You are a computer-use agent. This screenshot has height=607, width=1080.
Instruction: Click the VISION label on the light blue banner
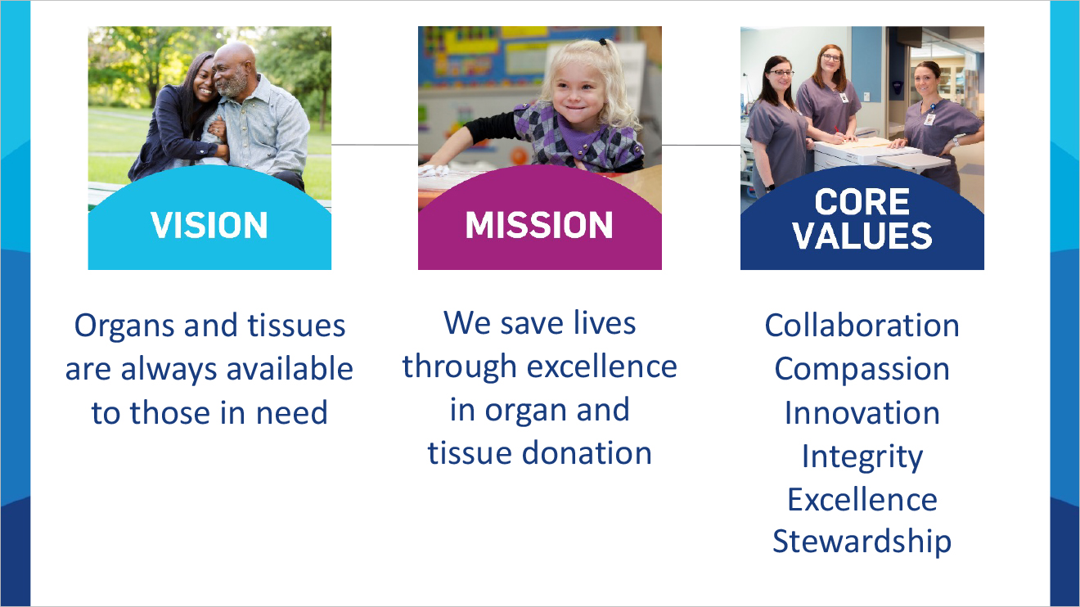pyautogui.click(x=209, y=226)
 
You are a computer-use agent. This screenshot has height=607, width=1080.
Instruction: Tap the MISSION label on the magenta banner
pyautogui.click(x=539, y=226)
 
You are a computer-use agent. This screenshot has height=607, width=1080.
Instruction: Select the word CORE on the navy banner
pyautogui.click(x=862, y=202)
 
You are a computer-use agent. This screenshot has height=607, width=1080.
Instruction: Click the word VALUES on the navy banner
pyautogui.click(x=862, y=236)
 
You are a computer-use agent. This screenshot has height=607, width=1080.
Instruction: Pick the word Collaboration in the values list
pyautogui.click(x=862, y=326)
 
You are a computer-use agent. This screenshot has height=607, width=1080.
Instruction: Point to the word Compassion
pyautogui.click(x=862, y=369)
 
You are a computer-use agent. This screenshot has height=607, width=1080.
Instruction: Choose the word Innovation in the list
pyautogui.click(x=862, y=412)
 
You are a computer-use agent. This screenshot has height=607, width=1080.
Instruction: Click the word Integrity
pyautogui.click(x=862, y=456)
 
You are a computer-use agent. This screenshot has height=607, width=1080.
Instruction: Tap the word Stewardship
pyautogui.click(x=862, y=542)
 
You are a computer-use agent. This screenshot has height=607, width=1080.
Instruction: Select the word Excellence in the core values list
pyautogui.click(x=862, y=499)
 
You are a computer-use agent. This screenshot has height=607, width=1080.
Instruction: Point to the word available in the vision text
pyautogui.click(x=290, y=369)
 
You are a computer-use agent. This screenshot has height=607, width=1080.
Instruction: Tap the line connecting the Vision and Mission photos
pyautogui.click(x=375, y=145)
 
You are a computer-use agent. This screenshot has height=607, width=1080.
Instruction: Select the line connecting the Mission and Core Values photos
pyautogui.click(x=701, y=145)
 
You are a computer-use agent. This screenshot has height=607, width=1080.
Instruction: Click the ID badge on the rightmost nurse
pyautogui.click(x=929, y=119)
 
